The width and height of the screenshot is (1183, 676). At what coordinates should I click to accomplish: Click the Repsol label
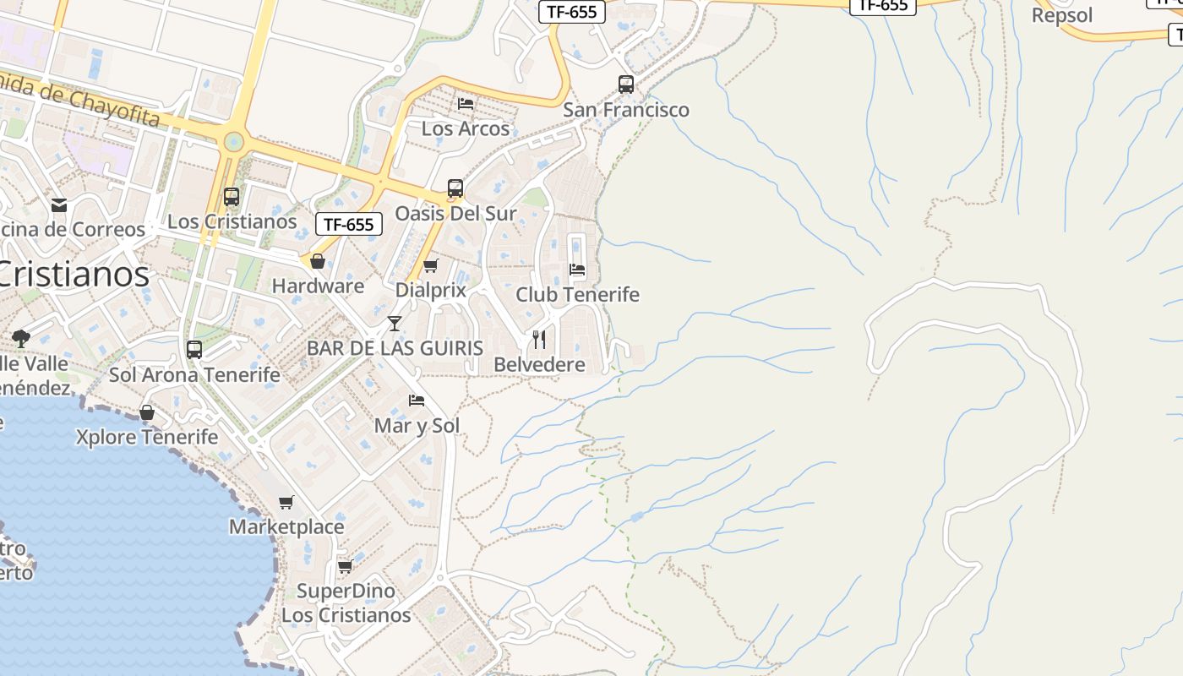(x=1062, y=15)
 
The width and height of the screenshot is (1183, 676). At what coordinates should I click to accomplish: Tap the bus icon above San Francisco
(x=625, y=84)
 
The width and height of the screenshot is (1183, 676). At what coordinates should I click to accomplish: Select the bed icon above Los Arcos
(x=466, y=104)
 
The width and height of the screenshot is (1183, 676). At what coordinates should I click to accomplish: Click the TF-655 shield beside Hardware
(x=349, y=224)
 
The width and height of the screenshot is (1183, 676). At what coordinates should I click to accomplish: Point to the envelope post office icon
(x=59, y=205)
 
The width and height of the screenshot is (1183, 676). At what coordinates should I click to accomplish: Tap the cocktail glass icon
(x=395, y=323)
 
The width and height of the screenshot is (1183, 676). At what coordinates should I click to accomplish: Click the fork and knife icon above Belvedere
(x=539, y=340)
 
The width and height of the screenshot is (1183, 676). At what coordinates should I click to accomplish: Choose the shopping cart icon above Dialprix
(x=430, y=266)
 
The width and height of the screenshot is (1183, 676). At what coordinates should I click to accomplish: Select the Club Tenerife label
(x=577, y=295)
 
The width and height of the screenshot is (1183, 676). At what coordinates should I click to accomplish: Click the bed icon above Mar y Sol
(x=417, y=401)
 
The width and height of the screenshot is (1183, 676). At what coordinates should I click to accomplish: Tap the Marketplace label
(x=286, y=527)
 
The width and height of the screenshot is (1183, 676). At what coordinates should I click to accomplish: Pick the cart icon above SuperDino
(x=345, y=566)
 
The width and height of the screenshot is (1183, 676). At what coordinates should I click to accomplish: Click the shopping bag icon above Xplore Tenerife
(x=147, y=412)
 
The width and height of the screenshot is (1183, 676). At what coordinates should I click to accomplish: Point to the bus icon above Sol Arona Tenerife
(x=194, y=349)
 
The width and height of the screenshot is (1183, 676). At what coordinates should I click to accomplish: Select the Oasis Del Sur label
(x=455, y=214)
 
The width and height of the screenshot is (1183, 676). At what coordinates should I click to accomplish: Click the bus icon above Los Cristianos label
(x=232, y=197)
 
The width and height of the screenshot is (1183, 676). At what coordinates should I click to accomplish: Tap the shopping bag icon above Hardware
(x=318, y=262)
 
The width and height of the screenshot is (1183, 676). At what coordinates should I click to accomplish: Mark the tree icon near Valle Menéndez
(x=21, y=339)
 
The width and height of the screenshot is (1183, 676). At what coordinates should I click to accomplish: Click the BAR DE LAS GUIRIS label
(x=395, y=348)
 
